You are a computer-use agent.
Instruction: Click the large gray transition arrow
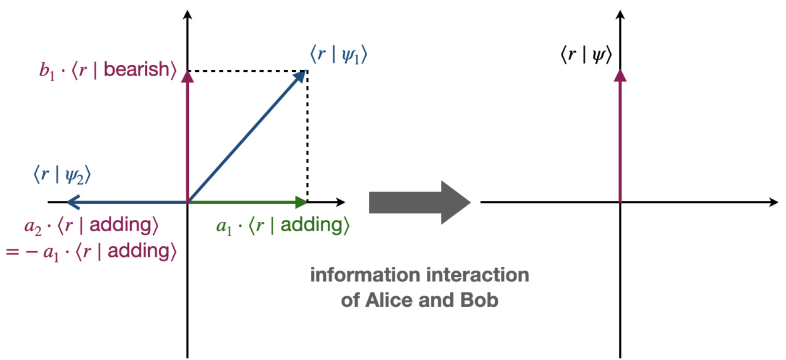click(419, 202)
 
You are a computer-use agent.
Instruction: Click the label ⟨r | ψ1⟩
click(338, 55)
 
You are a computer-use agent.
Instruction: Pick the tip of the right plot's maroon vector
click(620, 75)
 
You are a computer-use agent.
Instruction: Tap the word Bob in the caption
click(483, 300)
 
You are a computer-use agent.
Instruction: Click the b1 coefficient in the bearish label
click(46, 69)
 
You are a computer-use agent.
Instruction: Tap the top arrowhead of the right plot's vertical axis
click(620, 14)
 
